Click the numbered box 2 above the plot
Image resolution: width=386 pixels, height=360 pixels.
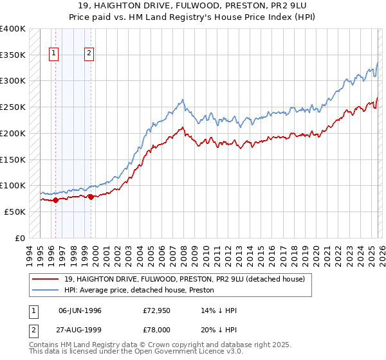click(x=89, y=54)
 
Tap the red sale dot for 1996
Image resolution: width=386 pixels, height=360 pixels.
click(x=55, y=200)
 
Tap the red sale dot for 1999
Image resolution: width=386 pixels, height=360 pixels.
click(x=91, y=197)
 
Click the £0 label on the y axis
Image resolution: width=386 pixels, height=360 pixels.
click(x=21, y=238)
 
